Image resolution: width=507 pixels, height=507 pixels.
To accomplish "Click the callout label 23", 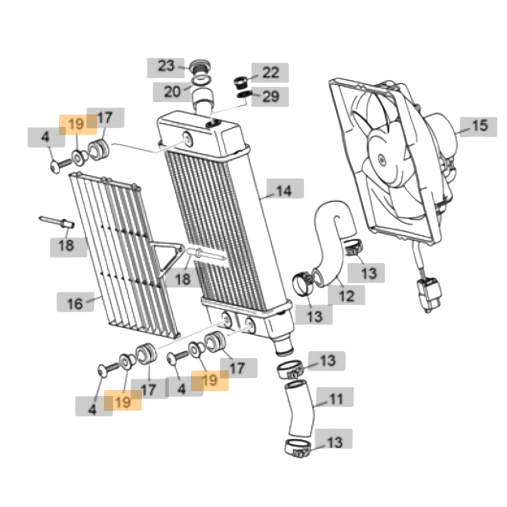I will [x=166, y=66].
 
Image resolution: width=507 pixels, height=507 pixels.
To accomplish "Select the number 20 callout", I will [x=172, y=92].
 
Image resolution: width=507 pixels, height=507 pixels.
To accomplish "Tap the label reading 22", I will [x=270, y=72].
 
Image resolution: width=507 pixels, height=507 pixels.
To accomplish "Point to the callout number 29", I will [x=270, y=97].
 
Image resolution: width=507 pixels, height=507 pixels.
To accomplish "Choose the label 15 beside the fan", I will [x=479, y=126].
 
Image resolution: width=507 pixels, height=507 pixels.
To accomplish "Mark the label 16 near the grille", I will [x=75, y=303].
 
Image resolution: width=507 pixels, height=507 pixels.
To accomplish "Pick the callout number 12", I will [x=346, y=296].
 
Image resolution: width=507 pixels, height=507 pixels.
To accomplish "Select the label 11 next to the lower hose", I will [x=336, y=399].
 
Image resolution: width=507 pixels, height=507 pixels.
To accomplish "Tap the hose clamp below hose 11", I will [x=298, y=449].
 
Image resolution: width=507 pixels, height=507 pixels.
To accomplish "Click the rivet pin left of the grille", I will [x=55, y=221].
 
